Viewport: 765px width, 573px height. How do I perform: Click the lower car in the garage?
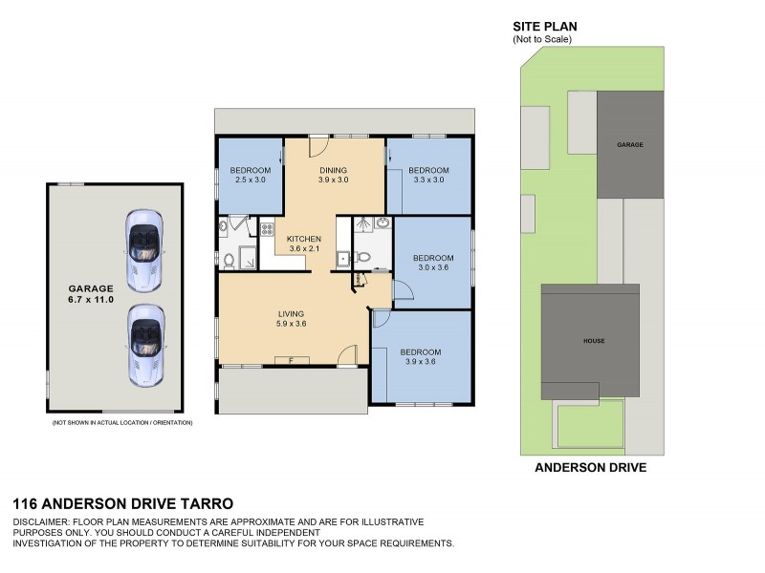(x=144, y=345)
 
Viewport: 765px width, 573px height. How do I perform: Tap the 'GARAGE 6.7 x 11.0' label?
(x=90, y=293)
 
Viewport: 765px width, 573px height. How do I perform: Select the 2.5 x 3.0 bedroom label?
(x=248, y=176)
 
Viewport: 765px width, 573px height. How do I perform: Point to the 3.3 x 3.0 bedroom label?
(x=428, y=176)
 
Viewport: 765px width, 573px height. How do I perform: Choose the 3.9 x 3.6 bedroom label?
(x=421, y=356)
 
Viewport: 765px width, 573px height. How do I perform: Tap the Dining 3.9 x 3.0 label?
(x=333, y=176)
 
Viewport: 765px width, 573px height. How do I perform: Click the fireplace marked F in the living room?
(x=290, y=360)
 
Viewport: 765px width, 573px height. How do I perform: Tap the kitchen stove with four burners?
(x=268, y=229)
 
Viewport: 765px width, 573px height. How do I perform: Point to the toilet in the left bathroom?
(x=229, y=259)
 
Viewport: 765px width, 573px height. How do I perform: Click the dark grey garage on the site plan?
(x=630, y=144)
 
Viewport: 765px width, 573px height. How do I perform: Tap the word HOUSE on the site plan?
(x=595, y=341)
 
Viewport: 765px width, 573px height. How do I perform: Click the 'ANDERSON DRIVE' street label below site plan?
(x=590, y=468)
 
